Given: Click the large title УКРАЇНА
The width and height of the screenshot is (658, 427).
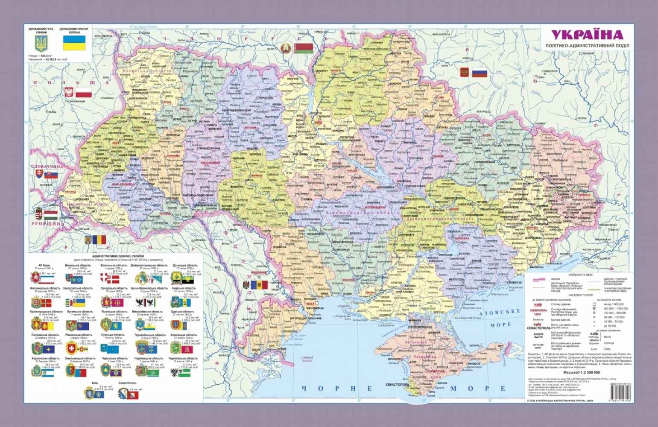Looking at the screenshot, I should [x=586, y=35].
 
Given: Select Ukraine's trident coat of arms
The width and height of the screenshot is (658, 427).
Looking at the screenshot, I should [x=41, y=44].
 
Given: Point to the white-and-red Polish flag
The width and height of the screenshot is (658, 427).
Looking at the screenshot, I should [x=84, y=92].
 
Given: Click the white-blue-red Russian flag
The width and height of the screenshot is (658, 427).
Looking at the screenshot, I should [x=480, y=73].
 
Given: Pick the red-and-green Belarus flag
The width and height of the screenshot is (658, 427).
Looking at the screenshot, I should [x=304, y=47].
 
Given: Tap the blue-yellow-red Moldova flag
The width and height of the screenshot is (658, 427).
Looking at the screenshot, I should [x=258, y=285].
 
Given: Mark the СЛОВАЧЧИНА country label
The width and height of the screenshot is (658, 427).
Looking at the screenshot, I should [x=47, y=167].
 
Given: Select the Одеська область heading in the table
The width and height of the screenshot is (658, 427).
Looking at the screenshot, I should [x=184, y=312].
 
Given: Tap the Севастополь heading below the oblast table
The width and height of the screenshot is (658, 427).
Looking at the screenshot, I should [x=127, y=383].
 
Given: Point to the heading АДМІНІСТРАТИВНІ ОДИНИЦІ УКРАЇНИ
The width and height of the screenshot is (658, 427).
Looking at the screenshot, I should [x=116, y=255].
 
